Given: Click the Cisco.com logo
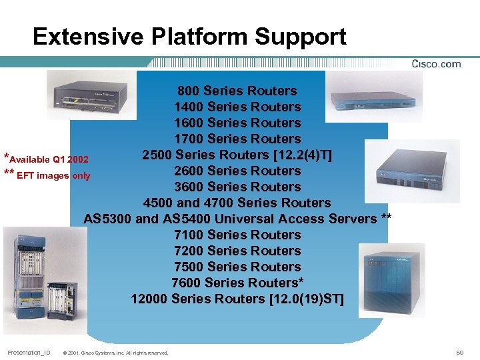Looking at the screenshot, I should tap(436, 64).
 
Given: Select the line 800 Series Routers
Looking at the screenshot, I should tap(237, 91).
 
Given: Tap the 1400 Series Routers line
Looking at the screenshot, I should tap(237, 107).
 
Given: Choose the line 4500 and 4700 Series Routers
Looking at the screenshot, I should tap(237, 203).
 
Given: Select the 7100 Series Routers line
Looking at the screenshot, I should tap(237, 235).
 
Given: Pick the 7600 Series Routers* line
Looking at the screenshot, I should tap(237, 283).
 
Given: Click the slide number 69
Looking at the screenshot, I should tap(459, 351).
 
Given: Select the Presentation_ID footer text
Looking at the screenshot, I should tap(29, 351).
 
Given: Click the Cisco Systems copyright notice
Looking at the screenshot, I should tap(115, 352).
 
